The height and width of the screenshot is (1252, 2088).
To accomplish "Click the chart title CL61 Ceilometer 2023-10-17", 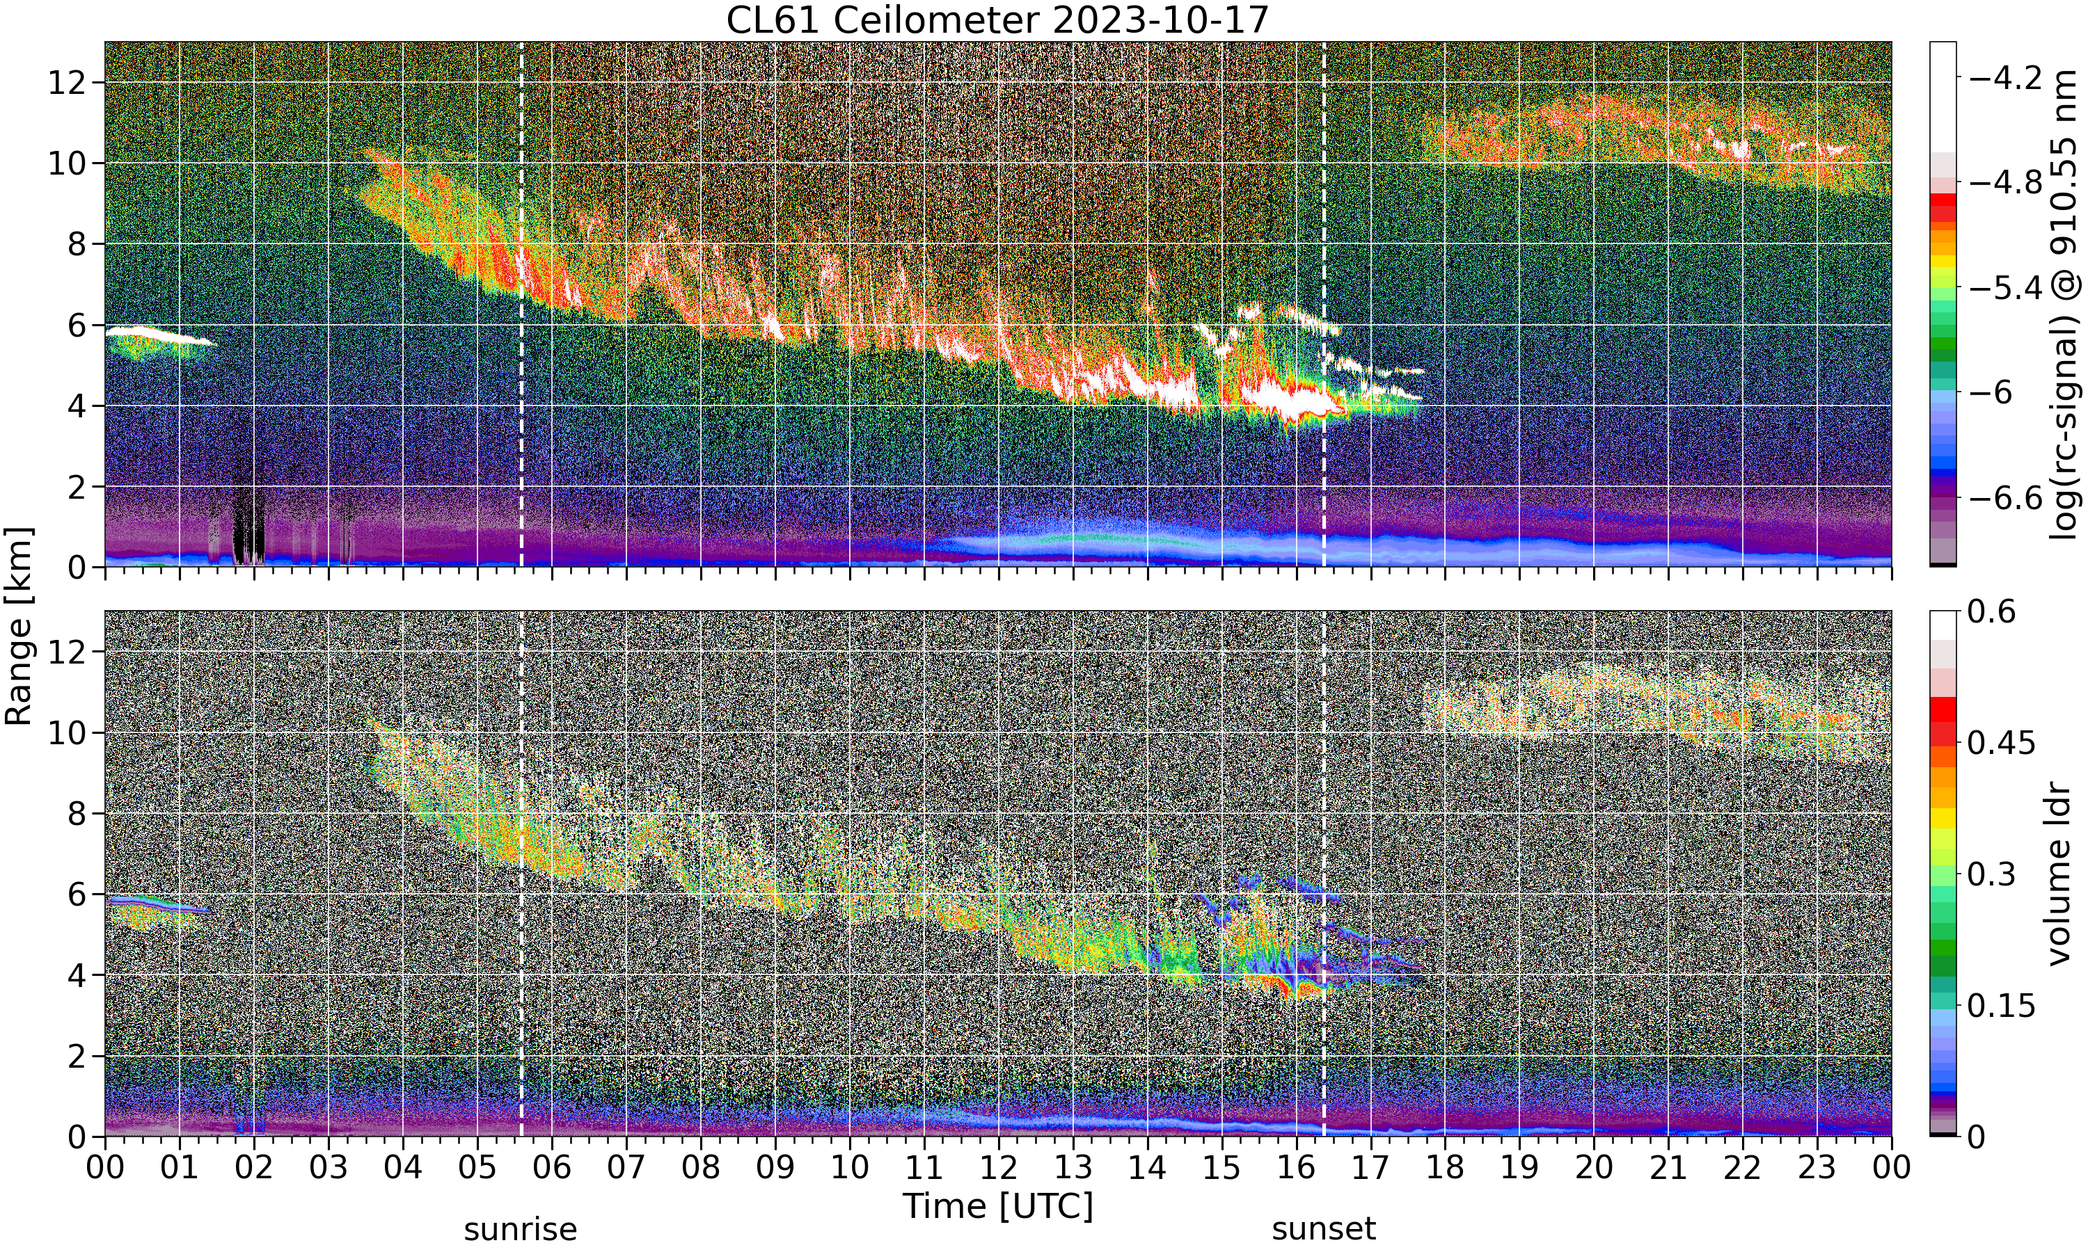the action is (x=997, y=20).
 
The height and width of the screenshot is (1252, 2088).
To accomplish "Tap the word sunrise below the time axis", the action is (x=521, y=1230).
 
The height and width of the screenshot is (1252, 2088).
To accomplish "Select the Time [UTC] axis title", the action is (x=997, y=1205).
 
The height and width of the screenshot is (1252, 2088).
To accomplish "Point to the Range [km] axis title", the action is (x=19, y=626).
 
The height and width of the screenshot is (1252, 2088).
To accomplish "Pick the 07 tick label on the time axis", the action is (x=626, y=1169).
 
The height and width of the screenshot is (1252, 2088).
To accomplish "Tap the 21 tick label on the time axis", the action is (x=1668, y=1169).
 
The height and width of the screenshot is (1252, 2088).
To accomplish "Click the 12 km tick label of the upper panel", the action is (x=67, y=83).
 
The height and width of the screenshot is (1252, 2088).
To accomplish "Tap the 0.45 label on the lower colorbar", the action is (x=2001, y=744).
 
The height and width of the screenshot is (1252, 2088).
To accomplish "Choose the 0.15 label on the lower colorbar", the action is (x=2001, y=1006).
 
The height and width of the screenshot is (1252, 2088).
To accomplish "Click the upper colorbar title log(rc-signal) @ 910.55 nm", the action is (x=2064, y=305).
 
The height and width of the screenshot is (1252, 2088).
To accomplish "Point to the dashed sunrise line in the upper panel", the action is (x=521, y=305).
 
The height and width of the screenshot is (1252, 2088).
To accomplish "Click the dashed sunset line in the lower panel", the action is (x=1323, y=874).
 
